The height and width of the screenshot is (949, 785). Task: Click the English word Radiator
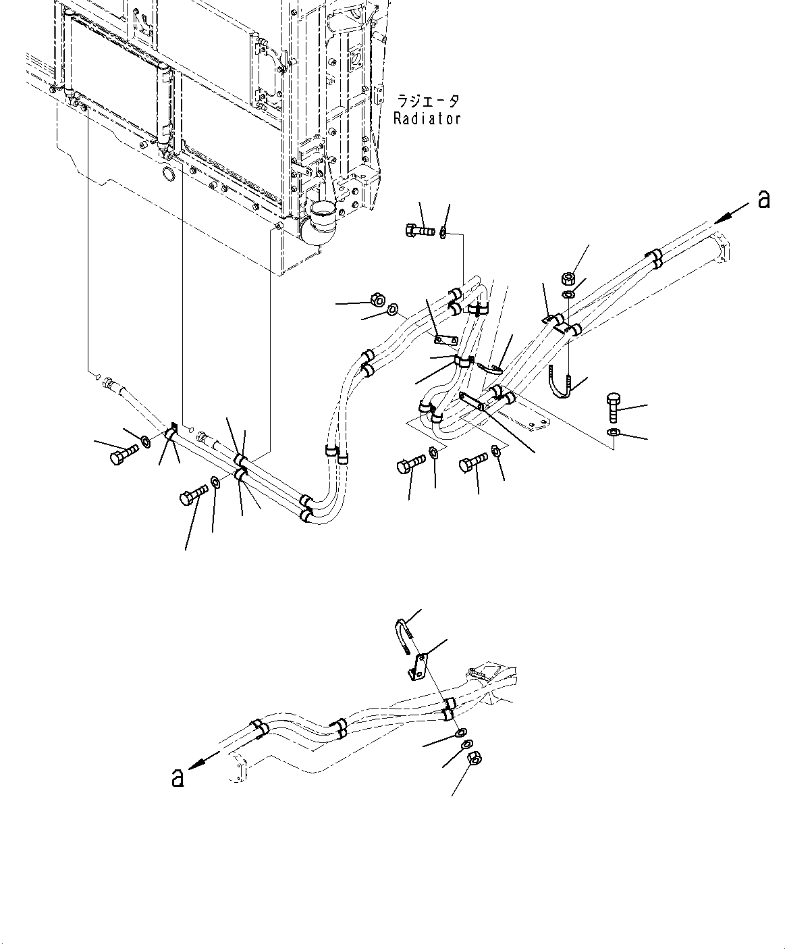tap(427, 118)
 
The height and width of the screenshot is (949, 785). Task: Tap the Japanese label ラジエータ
tap(428, 101)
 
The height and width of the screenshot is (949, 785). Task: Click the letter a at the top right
tap(763, 199)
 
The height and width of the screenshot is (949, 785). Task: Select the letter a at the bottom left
tap(178, 777)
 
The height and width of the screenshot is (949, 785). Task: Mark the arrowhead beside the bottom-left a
tap(197, 764)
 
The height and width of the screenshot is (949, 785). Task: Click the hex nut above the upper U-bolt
tap(568, 277)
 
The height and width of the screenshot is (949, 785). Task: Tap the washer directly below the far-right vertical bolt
tap(612, 432)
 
